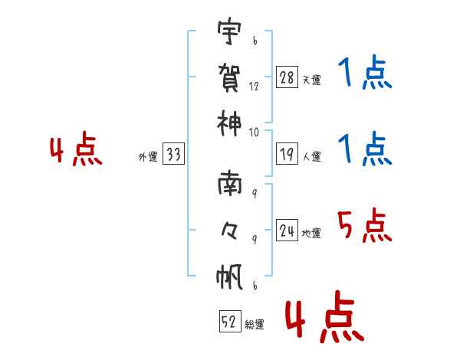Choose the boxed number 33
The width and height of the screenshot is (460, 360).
point(173,155)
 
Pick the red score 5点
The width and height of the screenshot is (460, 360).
point(365,227)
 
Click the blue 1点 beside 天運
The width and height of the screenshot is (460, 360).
point(365,74)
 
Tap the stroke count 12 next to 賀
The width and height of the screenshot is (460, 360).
point(254,87)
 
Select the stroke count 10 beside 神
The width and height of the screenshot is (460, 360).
point(254,132)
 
